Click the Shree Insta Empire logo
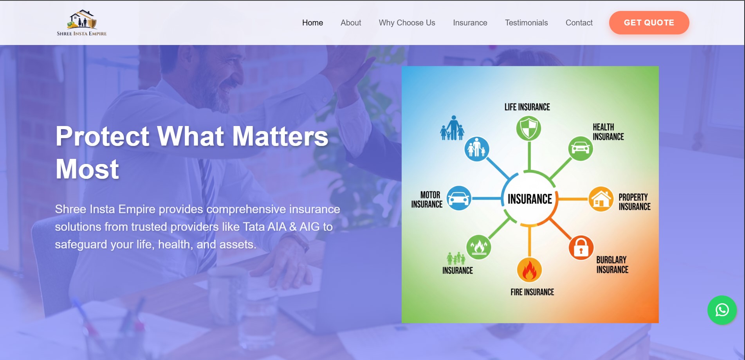[x=82, y=23]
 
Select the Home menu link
[x=312, y=23]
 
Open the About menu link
[x=351, y=23]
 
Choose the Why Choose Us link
[x=407, y=23]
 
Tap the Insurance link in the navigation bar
[x=470, y=23]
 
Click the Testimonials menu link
[x=526, y=23]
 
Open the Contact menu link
[x=579, y=23]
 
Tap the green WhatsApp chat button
[x=722, y=310]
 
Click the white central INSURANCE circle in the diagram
[x=530, y=199]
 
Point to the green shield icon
[x=529, y=128]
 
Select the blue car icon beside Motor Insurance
[x=459, y=198]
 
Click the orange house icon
[x=601, y=199]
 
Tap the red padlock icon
[x=581, y=248]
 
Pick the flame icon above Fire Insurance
[x=529, y=270]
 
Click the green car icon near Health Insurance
[x=580, y=148]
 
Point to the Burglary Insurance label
[x=612, y=265]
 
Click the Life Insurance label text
[x=527, y=107]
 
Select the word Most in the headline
[x=87, y=169]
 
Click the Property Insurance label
[x=634, y=202]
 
